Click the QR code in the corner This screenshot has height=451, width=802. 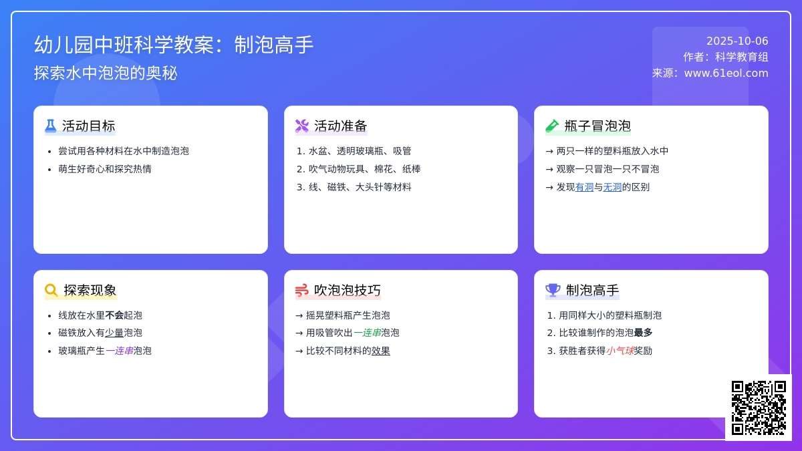[759, 408]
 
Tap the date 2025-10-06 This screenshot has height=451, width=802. [737, 41]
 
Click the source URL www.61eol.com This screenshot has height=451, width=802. [726, 73]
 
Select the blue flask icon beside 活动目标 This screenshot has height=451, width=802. [51, 126]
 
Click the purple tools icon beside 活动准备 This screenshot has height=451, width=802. [302, 126]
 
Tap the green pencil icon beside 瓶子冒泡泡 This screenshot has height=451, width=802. [552, 126]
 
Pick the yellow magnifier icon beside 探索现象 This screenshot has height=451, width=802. [51, 290]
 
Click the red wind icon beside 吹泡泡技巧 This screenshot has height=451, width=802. [302, 290]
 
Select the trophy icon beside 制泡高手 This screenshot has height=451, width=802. [553, 290]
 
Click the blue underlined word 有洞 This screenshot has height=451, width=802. [584, 187]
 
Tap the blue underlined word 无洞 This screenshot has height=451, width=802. [612, 187]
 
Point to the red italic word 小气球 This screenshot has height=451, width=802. [620, 351]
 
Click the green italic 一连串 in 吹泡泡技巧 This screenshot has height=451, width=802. [367, 333]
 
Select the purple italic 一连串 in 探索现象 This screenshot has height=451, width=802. [119, 351]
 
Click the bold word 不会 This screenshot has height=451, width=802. [114, 315]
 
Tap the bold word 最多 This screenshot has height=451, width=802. [643, 333]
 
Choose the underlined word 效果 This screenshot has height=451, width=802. [380, 351]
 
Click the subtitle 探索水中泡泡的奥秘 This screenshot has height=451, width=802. [106, 73]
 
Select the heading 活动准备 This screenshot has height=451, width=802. [340, 126]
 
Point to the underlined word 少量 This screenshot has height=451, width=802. [114, 333]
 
